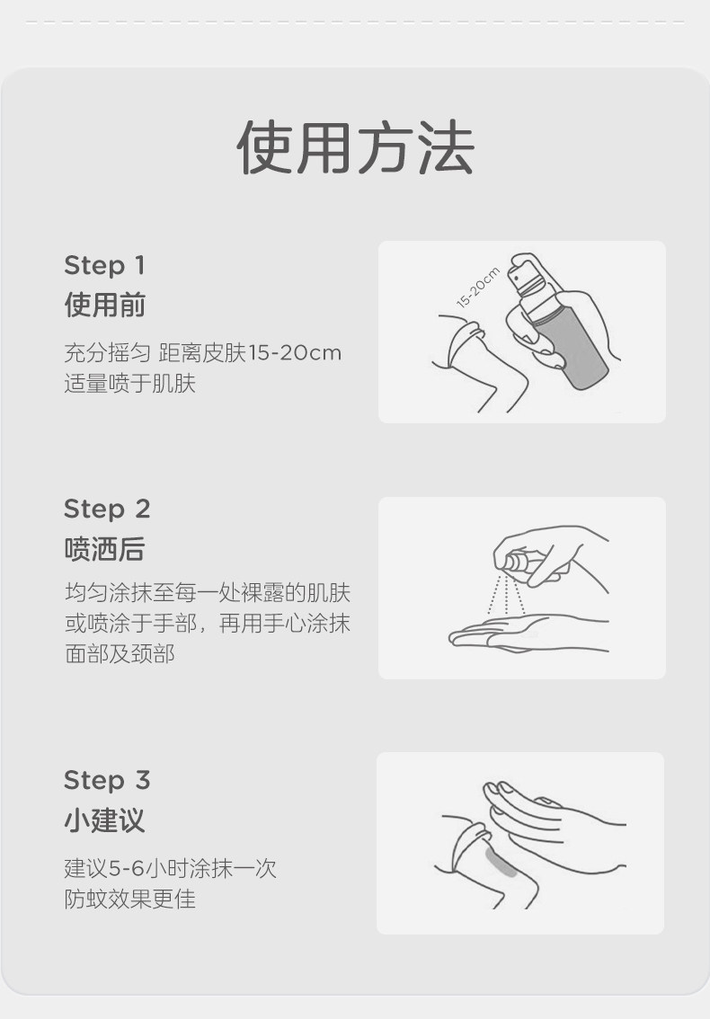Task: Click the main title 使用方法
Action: tap(355, 147)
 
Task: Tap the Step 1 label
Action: tap(104, 265)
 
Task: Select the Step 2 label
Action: tap(107, 509)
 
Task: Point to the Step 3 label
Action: tap(107, 780)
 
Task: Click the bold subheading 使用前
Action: tap(104, 305)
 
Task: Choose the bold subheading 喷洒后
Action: tap(104, 549)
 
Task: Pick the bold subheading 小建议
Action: tap(104, 820)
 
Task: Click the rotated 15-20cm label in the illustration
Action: tap(478, 287)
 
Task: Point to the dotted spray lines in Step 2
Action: tap(507, 594)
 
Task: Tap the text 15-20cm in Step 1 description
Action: tap(295, 353)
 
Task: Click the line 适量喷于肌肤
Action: tap(130, 384)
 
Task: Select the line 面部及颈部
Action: tap(120, 654)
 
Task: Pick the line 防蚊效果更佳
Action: tap(130, 899)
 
